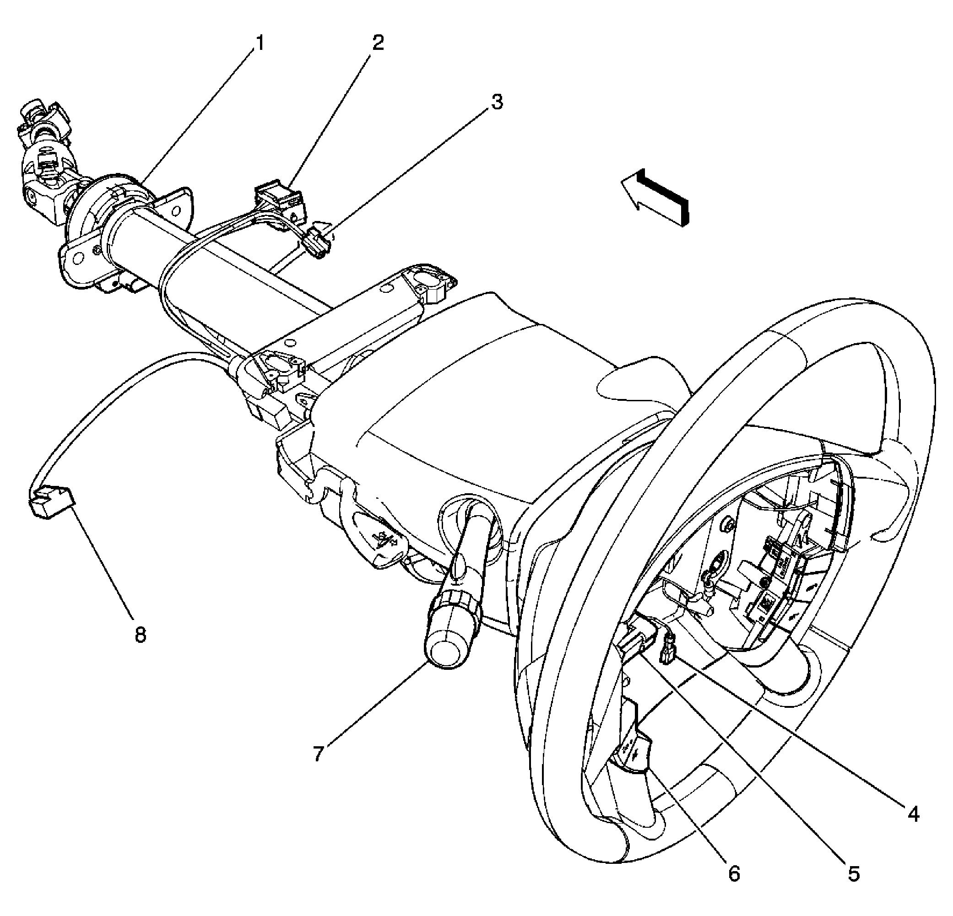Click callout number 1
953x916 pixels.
[260, 44]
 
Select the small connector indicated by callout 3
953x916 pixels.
[319, 242]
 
